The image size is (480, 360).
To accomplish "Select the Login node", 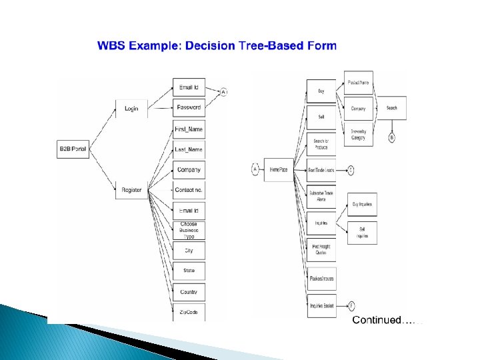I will pyautogui.click(x=131, y=108).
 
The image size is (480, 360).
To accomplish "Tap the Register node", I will pyautogui.click(x=131, y=190).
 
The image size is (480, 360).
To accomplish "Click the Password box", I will pyautogui.click(x=189, y=107).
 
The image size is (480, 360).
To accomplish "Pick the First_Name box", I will pyautogui.click(x=189, y=128).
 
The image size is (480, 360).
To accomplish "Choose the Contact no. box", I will pyautogui.click(x=189, y=190).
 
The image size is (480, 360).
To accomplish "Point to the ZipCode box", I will pyautogui.click(x=189, y=312).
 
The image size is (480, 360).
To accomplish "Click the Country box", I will pyautogui.click(x=189, y=292).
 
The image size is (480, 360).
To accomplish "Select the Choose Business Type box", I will pyautogui.click(x=189, y=230).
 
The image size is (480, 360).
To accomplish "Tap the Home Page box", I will pyautogui.click(x=279, y=170).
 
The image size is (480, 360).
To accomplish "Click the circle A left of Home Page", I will pyautogui.click(x=255, y=170).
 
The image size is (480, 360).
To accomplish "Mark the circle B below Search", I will pyautogui.click(x=391, y=137).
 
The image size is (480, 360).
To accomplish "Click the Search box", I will pyautogui.click(x=391, y=108).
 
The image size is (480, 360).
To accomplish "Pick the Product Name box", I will pyautogui.click(x=359, y=83).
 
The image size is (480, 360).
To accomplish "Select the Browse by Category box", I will pyautogui.click(x=359, y=134).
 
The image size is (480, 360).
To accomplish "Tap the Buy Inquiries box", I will pyautogui.click(x=362, y=206).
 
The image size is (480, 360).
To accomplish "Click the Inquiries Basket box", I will pyautogui.click(x=321, y=306).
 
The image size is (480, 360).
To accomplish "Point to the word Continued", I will pyautogui.click(x=377, y=321).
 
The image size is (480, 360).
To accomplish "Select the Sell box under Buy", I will pyautogui.click(x=321, y=117).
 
